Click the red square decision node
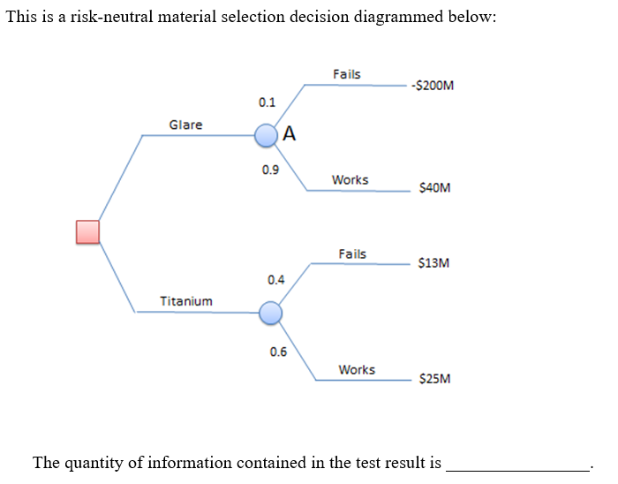[x=87, y=231]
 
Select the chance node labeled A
[x=267, y=135]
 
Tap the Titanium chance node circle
[x=270, y=312]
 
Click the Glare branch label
[x=185, y=125]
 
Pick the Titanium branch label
[x=185, y=301]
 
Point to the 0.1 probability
[x=267, y=102]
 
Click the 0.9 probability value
[x=270, y=170]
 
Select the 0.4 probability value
[x=275, y=280]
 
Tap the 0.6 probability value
[x=278, y=352]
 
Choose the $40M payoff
[x=434, y=187]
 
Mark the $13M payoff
[x=434, y=262]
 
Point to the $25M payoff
[x=434, y=379]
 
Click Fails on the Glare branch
[x=347, y=74]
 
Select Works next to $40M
[x=350, y=180]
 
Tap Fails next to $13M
[x=352, y=254]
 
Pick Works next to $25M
[x=357, y=370]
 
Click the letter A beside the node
[x=290, y=135]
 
